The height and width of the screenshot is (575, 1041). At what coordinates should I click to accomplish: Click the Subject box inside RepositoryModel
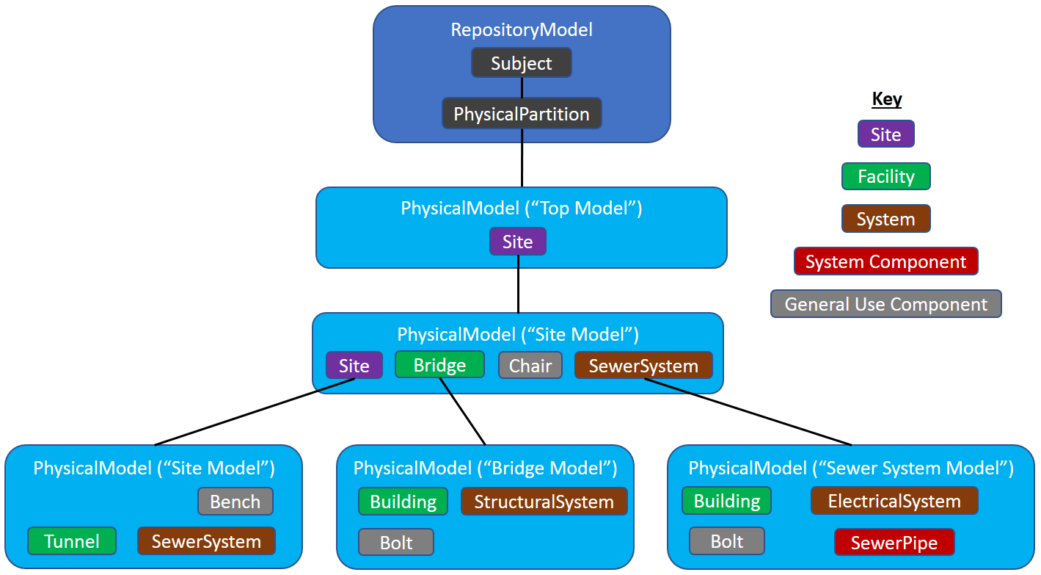(521, 63)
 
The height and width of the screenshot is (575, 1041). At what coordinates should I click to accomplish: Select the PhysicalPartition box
(522, 114)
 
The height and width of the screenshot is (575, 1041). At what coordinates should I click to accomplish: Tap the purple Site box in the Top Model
(518, 242)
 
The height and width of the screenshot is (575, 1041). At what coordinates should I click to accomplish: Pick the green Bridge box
(439, 365)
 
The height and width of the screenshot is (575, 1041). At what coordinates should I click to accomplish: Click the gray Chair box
(530, 366)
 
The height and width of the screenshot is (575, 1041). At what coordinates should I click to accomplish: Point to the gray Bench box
(235, 502)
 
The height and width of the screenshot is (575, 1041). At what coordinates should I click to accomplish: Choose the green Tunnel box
(72, 541)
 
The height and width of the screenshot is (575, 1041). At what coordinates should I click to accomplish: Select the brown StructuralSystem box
(544, 502)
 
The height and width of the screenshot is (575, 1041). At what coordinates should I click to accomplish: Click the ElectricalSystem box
(894, 501)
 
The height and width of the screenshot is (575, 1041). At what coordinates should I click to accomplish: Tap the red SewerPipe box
(894, 543)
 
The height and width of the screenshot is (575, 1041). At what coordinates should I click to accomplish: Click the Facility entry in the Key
(886, 176)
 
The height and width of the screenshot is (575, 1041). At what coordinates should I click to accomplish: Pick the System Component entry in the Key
(885, 261)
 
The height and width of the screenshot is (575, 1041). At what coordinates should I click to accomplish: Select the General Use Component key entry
(885, 304)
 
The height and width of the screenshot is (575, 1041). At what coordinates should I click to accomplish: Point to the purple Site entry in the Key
(885, 134)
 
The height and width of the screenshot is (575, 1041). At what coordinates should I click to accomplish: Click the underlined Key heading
(887, 99)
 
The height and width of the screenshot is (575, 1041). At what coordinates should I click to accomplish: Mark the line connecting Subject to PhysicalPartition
(522, 87)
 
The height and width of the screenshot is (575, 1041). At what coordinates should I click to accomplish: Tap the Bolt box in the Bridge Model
(396, 543)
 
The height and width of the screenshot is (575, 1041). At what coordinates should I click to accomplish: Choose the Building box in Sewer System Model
(726, 501)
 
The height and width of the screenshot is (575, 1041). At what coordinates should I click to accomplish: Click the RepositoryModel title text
(522, 30)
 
